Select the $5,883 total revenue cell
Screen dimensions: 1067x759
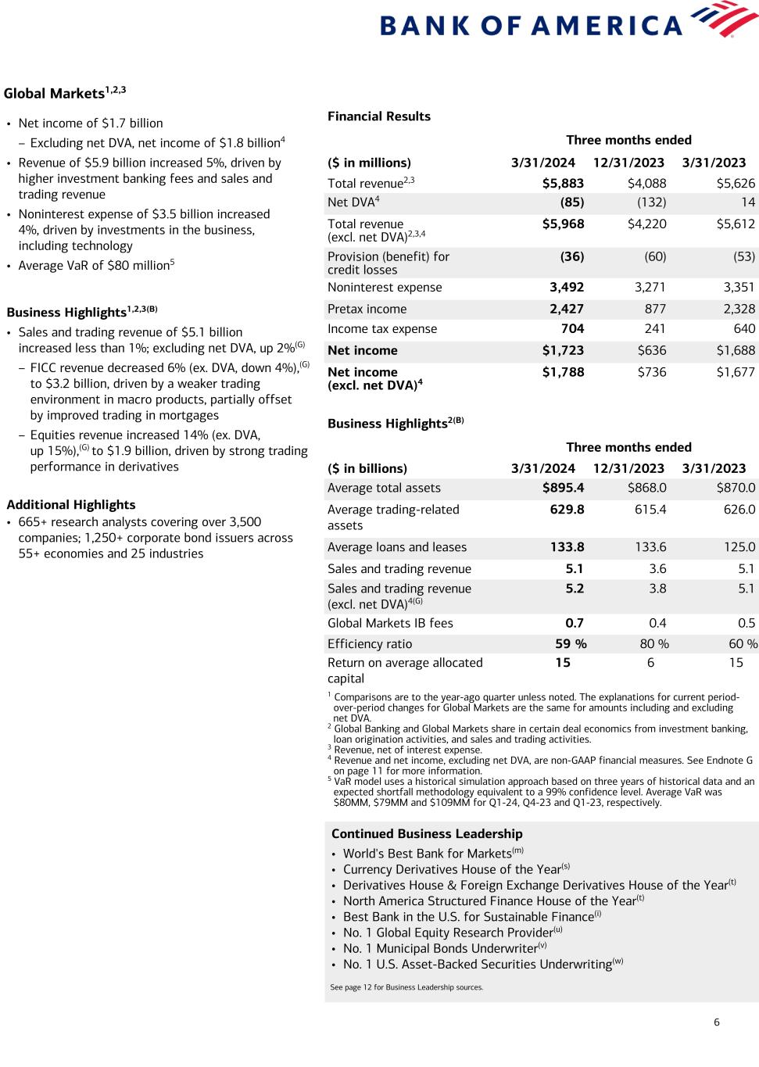click(x=563, y=183)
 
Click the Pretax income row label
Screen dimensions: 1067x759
click(x=367, y=309)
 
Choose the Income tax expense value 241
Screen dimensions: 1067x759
click(x=653, y=329)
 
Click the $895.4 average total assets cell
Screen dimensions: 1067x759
click(x=563, y=488)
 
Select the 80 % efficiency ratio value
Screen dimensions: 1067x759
click(x=653, y=644)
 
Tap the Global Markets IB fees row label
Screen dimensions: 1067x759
click(x=390, y=623)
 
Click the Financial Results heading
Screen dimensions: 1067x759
click(x=379, y=116)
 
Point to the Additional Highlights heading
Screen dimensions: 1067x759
click(x=71, y=505)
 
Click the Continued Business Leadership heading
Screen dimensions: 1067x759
click(x=427, y=834)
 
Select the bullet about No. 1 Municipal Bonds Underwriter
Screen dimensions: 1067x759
click(x=440, y=948)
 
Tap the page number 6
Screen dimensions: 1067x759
click(x=717, y=1022)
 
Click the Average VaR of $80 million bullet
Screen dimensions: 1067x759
click(x=96, y=266)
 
